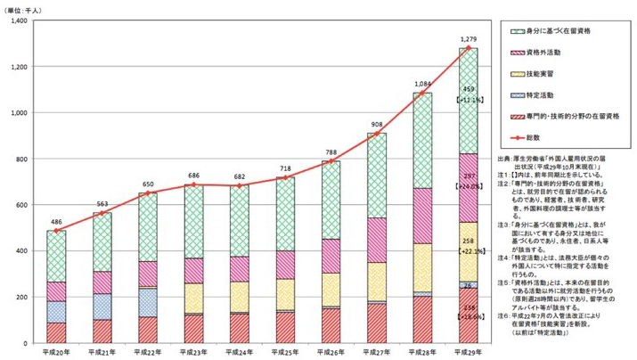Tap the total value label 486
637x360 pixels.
(x=55, y=221)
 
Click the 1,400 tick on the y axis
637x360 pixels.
(x=19, y=20)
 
